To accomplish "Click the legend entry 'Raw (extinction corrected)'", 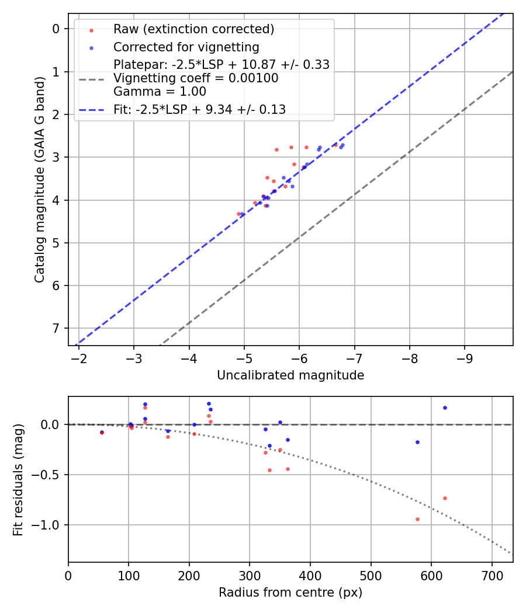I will click(193, 29).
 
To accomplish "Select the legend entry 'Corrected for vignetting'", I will click(186, 47).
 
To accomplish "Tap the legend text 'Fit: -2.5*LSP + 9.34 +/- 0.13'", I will click(199, 110).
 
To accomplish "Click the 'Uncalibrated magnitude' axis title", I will click(290, 375).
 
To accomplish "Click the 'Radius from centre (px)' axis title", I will click(290, 593).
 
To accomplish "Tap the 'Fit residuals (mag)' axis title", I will click(19, 479).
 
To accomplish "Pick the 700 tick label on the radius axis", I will click(492, 575).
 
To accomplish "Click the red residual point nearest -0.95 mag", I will click(417, 519).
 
